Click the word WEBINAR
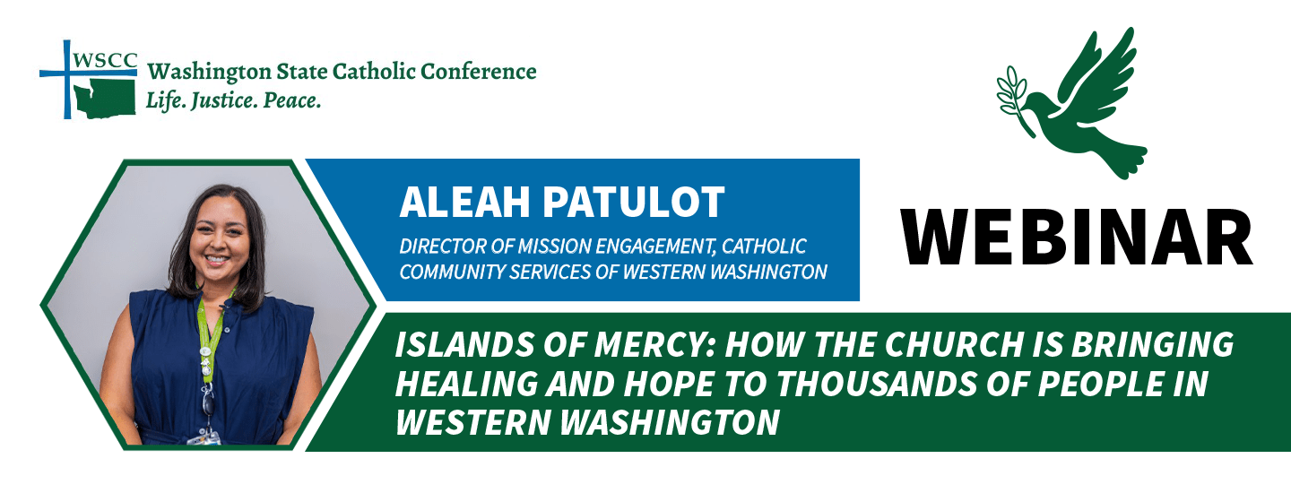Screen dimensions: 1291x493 click(1077, 238)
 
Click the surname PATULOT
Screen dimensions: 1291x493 click(633, 203)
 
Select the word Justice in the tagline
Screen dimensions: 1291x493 click(223, 100)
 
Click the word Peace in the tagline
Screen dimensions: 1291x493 click(291, 100)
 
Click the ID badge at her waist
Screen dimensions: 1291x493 click(204, 439)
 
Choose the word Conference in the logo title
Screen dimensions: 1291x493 click(479, 72)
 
